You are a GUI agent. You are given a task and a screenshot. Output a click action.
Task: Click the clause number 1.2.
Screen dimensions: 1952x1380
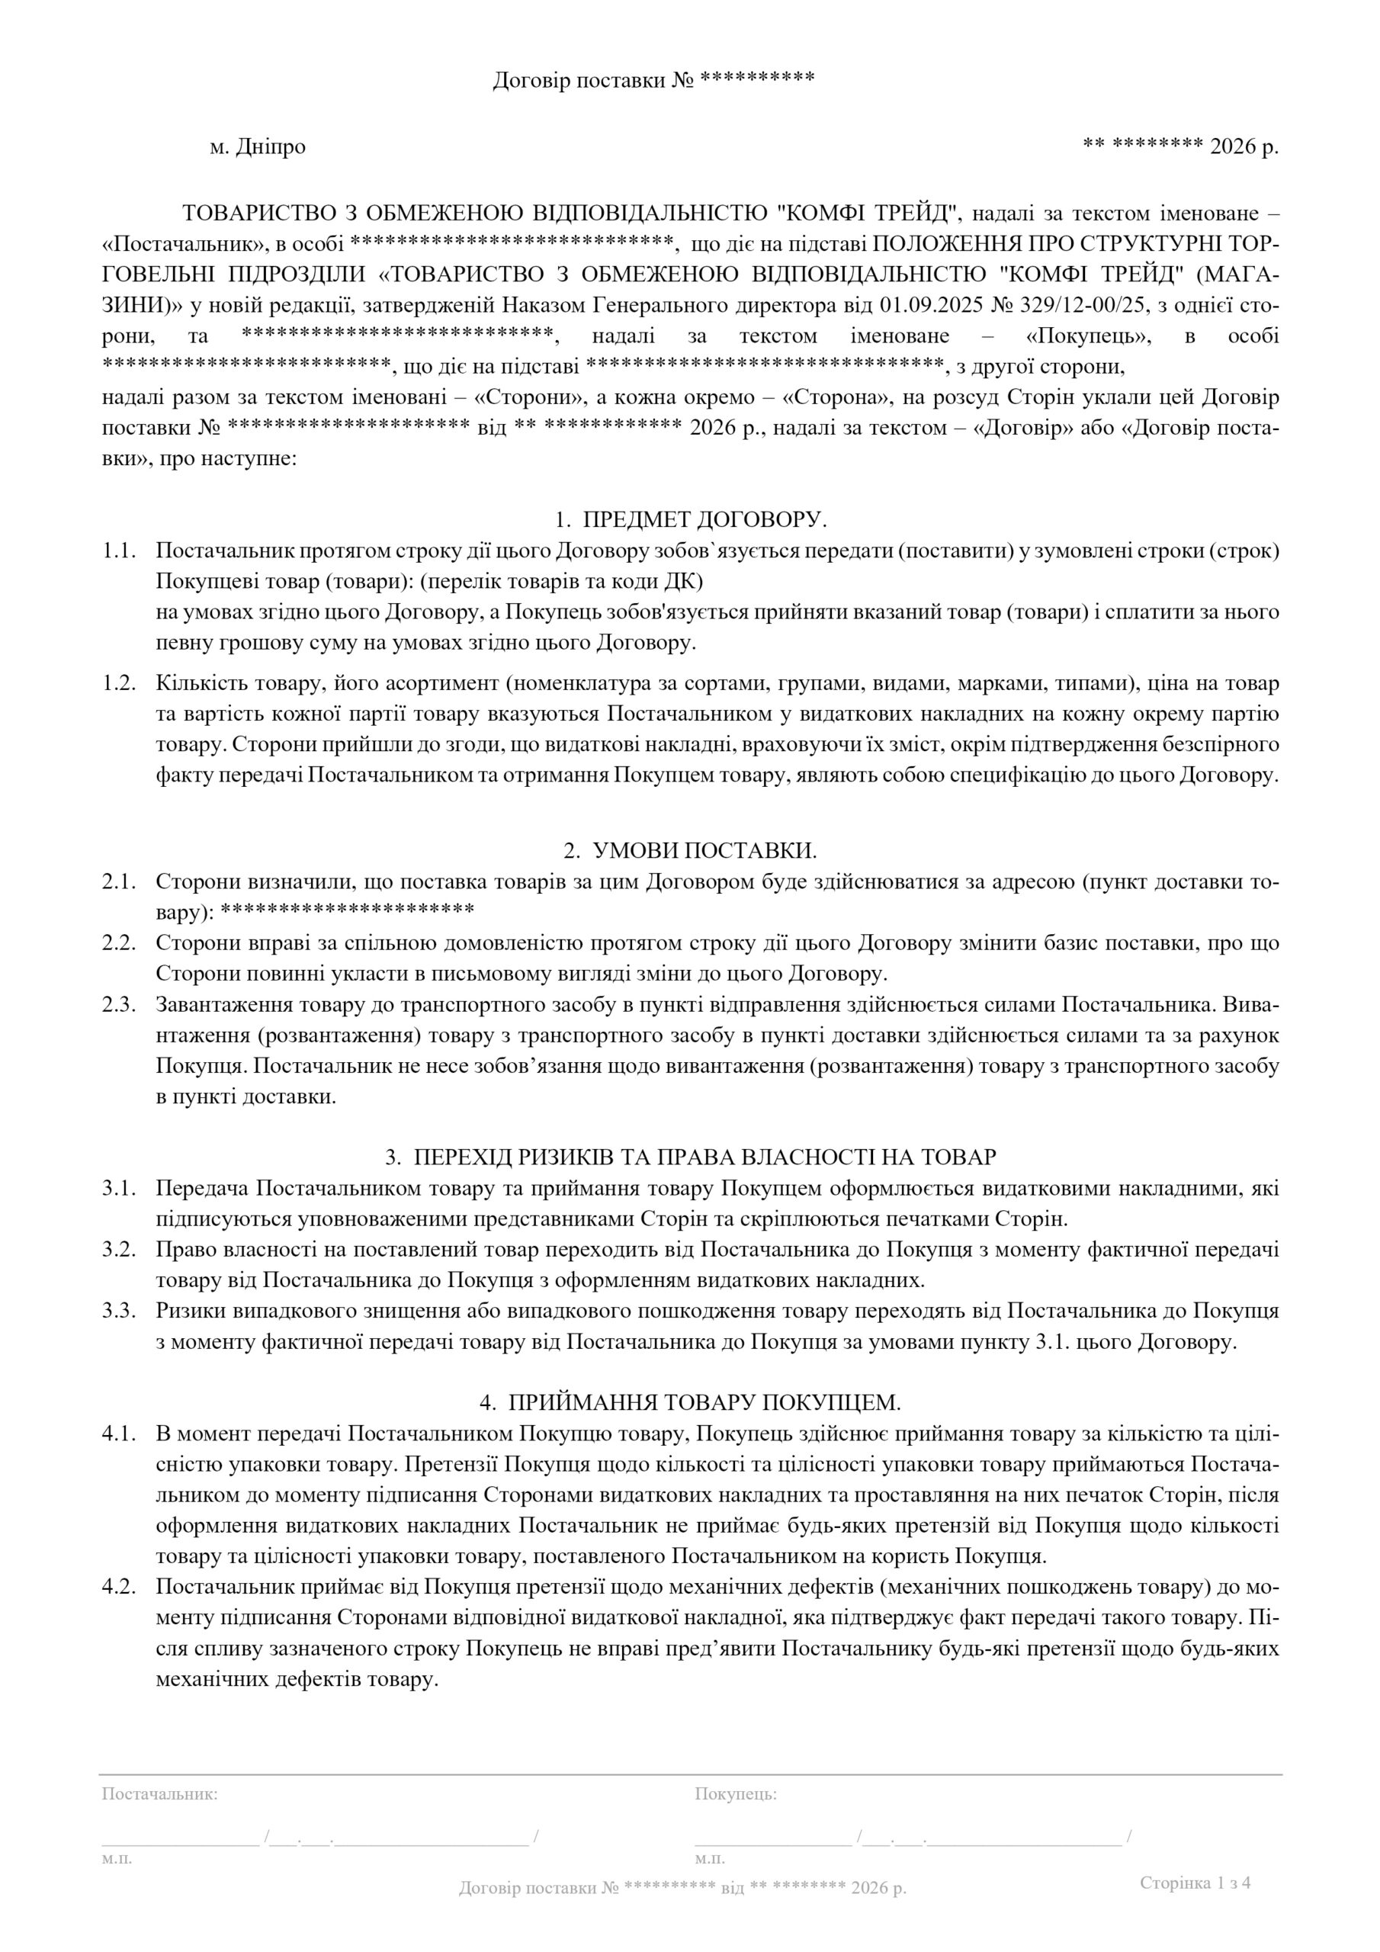[120, 683]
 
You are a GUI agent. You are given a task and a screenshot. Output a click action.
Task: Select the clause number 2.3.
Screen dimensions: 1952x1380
[120, 1005]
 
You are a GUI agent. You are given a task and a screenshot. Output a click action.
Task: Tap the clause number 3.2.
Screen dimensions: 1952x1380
[120, 1250]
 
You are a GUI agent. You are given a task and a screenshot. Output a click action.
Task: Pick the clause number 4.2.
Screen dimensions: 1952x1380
[120, 1587]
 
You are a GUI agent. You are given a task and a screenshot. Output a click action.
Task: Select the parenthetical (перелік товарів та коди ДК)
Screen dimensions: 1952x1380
[562, 582]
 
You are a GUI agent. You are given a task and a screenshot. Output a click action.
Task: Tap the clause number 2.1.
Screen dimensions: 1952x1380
[120, 882]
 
